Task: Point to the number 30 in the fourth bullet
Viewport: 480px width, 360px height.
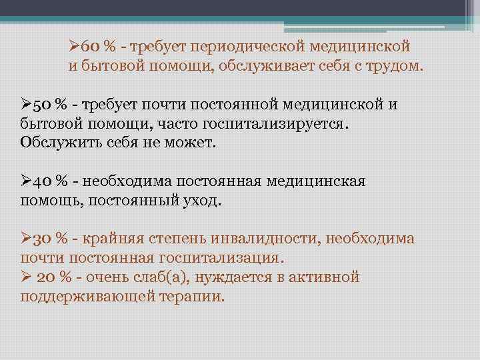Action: pyautogui.click(x=42, y=238)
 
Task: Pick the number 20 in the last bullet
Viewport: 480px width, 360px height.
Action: pyautogui.click(x=47, y=277)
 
